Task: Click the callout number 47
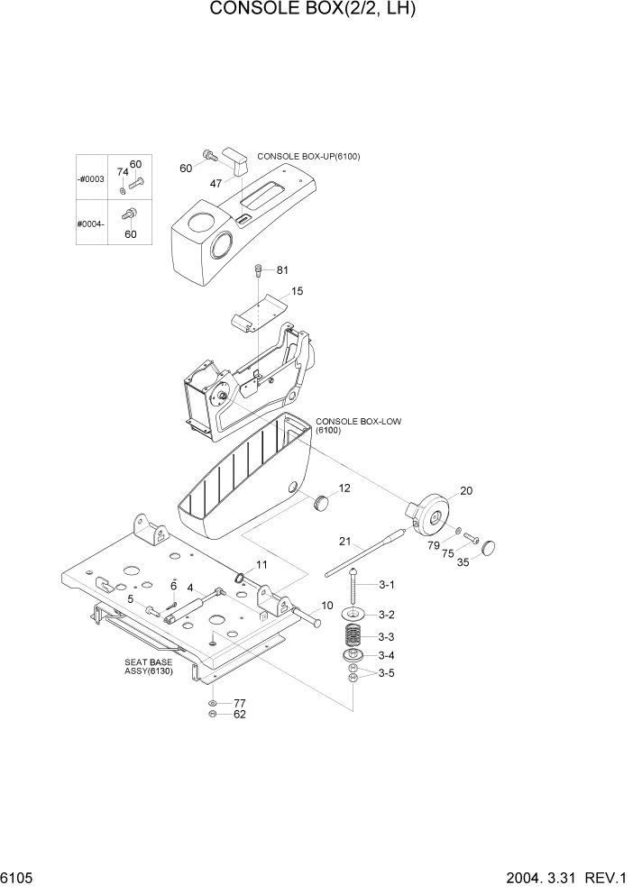pyautogui.click(x=216, y=183)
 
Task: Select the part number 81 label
pyautogui.click(x=282, y=270)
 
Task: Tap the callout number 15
pyautogui.click(x=298, y=291)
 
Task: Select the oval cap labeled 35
pyautogui.click(x=492, y=546)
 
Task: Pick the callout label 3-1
pyautogui.click(x=386, y=585)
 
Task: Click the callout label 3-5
pyautogui.click(x=386, y=673)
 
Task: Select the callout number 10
pyautogui.click(x=327, y=606)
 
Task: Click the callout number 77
pyautogui.click(x=240, y=702)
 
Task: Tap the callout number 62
pyautogui.click(x=240, y=715)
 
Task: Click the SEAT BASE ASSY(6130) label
pyautogui.click(x=150, y=666)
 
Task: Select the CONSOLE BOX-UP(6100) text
pyautogui.click(x=308, y=157)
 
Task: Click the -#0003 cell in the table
pyautogui.click(x=91, y=179)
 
